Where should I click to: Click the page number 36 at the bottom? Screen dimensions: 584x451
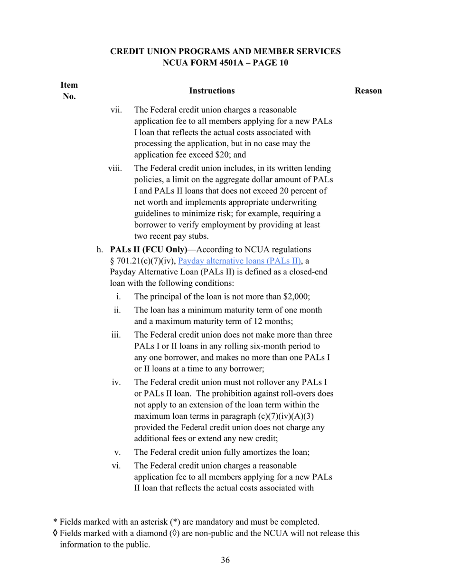pos(225,560)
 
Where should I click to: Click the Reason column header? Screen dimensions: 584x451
pos(368,91)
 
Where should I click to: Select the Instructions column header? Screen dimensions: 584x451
pos(212,91)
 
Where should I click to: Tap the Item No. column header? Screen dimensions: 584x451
pos(69,91)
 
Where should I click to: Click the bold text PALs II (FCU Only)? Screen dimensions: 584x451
pos(149,249)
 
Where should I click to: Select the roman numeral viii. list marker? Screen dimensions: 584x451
pos(115,168)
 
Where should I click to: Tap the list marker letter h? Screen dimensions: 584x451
pos(100,249)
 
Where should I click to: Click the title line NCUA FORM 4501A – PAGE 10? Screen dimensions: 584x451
pos(225,63)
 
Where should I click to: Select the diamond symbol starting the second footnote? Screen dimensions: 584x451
pos(55,533)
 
